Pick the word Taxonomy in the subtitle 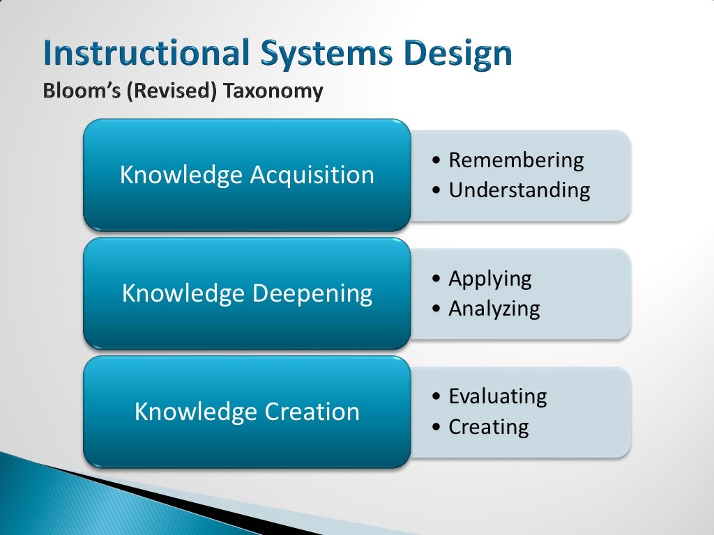tap(274, 91)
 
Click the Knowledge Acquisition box tap(246, 174)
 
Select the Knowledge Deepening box tap(246, 293)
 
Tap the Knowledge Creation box tap(246, 412)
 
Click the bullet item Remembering tap(516, 160)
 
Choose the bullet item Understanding tap(519, 190)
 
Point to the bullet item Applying tap(489, 279)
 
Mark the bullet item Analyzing tap(494, 309)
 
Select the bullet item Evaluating tap(498, 396)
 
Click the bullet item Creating tap(489, 426)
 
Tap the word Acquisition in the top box tap(312, 174)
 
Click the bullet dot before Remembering tap(436, 161)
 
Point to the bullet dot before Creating tap(436, 427)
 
